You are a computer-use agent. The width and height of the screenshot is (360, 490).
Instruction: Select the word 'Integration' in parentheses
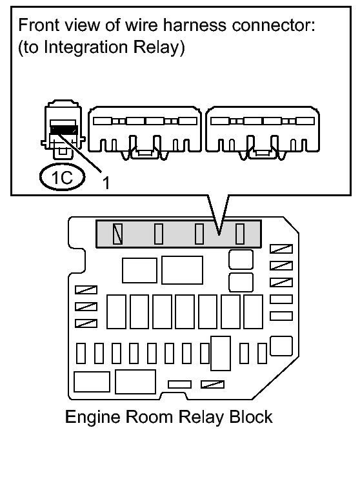click(x=86, y=47)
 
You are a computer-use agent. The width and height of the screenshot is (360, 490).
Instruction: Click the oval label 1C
click(x=63, y=177)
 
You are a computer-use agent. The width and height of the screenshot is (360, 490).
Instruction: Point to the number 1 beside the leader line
click(x=106, y=183)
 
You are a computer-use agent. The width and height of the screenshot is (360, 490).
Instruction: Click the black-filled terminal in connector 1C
click(x=64, y=130)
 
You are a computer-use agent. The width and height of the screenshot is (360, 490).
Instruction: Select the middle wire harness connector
click(x=145, y=132)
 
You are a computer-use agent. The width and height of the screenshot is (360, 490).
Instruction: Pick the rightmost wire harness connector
click(x=263, y=132)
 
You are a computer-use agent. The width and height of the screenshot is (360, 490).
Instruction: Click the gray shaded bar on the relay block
click(x=179, y=234)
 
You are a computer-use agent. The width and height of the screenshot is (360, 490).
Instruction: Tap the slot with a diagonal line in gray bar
click(x=117, y=234)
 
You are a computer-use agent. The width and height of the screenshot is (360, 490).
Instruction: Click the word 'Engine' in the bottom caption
click(x=92, y=418)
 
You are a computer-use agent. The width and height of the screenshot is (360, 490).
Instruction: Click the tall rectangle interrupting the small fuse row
click(x=221, y=353)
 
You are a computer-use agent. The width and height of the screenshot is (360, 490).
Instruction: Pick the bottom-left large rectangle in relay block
click(x=92, y=382)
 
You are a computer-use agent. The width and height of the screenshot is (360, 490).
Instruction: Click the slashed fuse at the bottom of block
click(x=212, y=384)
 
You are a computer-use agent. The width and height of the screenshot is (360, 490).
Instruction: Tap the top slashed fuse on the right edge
click(x=281, y=249)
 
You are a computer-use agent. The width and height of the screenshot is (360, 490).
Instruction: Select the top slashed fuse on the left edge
click(x=86, y=290)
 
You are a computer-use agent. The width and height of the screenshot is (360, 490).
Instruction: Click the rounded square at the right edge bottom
click(x=281, y=346)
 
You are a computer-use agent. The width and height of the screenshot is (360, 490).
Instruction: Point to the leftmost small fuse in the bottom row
click(x=81, y=353)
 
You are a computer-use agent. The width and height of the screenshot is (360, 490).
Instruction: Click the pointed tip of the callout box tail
click(x=219, y=234)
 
